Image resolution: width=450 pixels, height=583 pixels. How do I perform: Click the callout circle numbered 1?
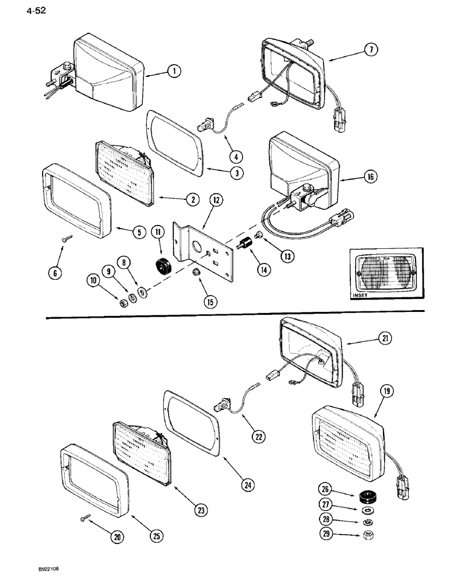pos(173,72)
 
